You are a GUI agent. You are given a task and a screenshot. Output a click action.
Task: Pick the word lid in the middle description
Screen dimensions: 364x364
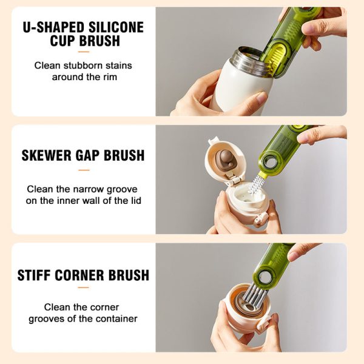135,200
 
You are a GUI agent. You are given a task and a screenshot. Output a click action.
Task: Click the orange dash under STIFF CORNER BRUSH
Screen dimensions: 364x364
84,289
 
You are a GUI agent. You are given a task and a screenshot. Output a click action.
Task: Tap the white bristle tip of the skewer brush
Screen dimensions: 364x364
257,182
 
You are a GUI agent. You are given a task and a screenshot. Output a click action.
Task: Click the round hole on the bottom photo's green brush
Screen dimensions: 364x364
265,278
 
